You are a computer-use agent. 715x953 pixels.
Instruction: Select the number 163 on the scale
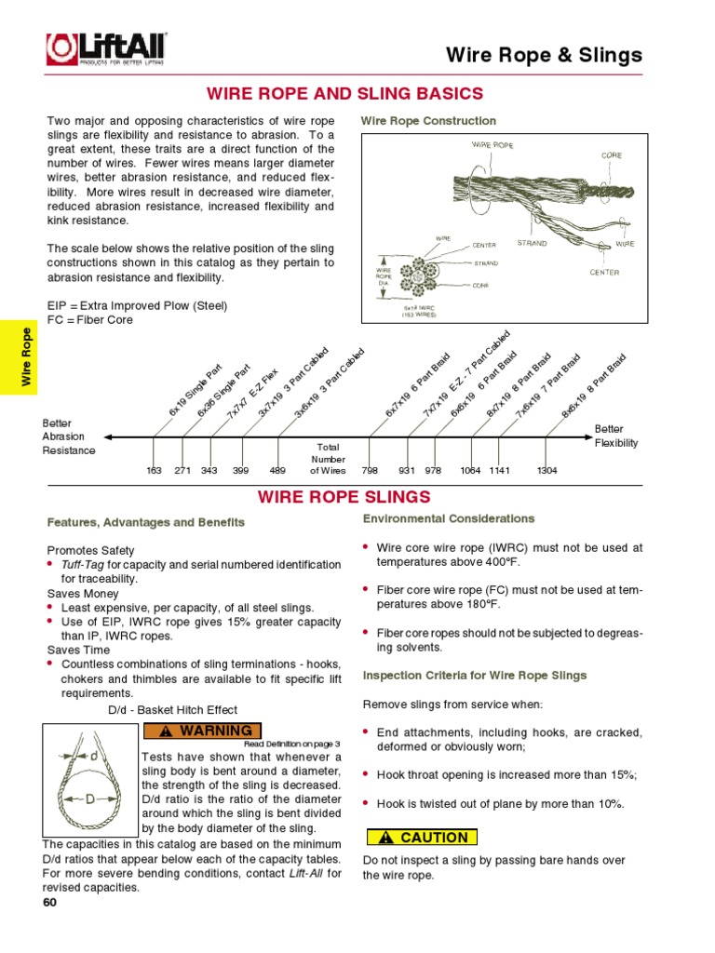click(155, 471)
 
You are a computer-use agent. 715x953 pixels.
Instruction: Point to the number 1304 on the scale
click(546, 471)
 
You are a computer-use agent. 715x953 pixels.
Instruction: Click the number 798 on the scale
click(370, 471)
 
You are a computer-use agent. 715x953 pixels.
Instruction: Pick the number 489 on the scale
click(277, 471)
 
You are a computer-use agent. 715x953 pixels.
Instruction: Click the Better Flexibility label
click(616, 436)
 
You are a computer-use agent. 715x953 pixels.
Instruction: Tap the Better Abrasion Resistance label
click(69, 436)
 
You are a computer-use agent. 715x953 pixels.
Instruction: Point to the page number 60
click(50, 903)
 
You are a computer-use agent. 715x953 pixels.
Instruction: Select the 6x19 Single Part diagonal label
click(196, 390)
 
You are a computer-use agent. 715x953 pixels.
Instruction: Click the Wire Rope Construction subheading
click(428, 121)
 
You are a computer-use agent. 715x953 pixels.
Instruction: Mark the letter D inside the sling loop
click(89, 799)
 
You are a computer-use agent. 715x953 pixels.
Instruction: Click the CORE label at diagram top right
click(611, 155)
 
